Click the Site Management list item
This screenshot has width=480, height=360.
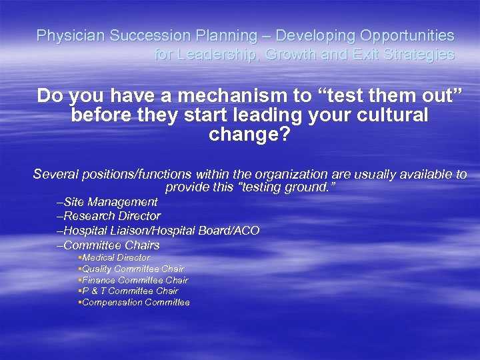(x=107, y=202)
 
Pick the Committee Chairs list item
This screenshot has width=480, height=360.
(x=109, y=245)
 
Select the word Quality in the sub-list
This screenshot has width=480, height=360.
(x=97, y=269)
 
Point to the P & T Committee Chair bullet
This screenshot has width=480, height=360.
(x=129, y=291)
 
